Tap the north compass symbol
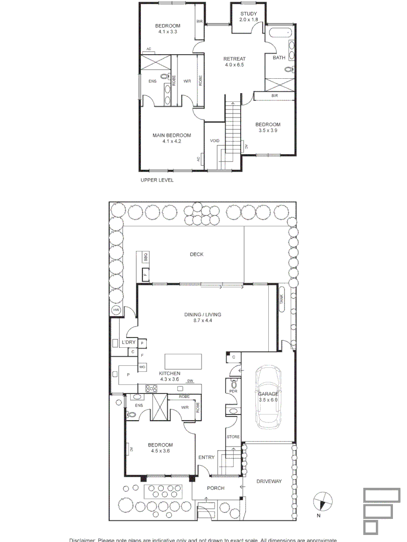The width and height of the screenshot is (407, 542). point(323,502)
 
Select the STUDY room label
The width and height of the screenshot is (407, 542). point(248,14)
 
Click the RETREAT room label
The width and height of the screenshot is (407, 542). point(234,59)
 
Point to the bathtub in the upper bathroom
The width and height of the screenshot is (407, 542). point(281,34)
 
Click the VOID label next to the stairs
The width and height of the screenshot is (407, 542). point(215,141)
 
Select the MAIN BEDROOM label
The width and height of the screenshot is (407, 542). point(172,135)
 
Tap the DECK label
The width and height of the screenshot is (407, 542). point(196,254)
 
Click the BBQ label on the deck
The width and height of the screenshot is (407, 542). point(146,257)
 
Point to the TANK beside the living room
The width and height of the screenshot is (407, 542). point(281,300)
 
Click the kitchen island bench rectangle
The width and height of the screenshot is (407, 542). point(183,361)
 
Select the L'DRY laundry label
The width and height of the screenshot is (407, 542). point(129,342)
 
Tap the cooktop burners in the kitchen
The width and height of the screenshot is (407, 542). point(151,387)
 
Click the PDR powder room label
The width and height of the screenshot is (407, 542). point(233,391)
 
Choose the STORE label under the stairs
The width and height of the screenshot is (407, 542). point(233,437)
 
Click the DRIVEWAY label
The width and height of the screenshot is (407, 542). point(269,481)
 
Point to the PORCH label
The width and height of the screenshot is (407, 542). point(216,488)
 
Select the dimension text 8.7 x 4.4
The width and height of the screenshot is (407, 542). point(202,321)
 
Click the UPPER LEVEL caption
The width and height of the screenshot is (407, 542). point(157,180)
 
